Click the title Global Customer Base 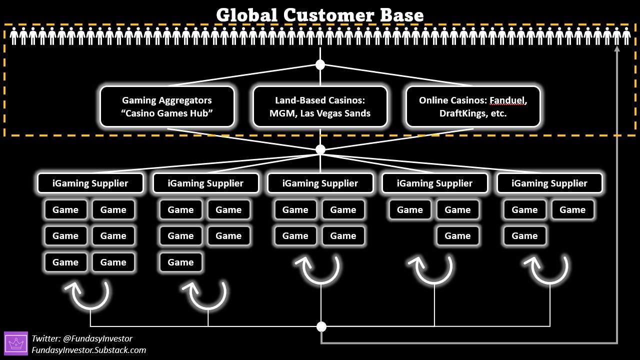tap(320, 14)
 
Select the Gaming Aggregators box tap(167, 106)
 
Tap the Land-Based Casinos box tap(320, 106)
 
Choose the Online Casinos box tap(473, 106)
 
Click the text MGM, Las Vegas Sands tap(320, 113)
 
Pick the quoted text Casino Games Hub tap(167, 113)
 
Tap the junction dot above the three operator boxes tap(320, 64)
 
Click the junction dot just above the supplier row tap(320, 149)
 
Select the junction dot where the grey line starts tap(321, 326)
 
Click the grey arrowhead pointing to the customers tap(617, 48)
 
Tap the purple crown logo tap(16, 343)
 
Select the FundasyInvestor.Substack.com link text tap(89, 350)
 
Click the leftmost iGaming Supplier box tap(90, 183)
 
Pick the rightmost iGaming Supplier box tap(549, 183)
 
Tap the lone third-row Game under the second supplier tap(180, 262)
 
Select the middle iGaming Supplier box tap(320, 183)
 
